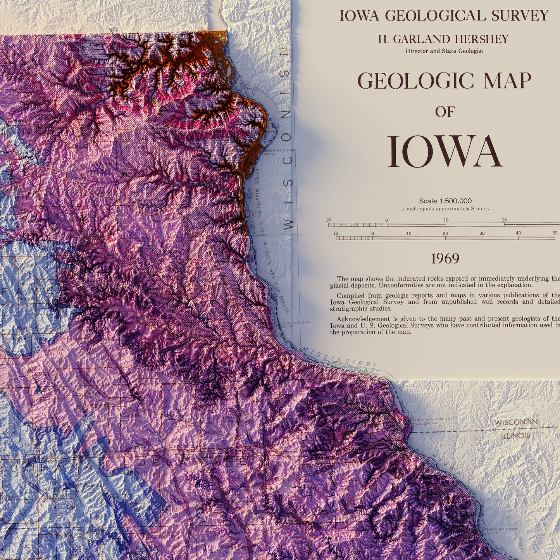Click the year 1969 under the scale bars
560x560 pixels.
445,258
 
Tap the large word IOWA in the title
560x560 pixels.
445,152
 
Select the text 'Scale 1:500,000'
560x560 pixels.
445,201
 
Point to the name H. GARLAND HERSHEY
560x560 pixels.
443,39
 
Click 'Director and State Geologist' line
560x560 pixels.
444,51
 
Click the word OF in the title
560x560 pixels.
444,112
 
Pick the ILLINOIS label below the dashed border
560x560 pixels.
515,436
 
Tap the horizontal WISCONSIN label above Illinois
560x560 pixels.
516,422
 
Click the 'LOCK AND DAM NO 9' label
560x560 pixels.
275,152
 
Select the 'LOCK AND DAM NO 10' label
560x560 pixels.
289,324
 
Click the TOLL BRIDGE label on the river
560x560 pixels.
426,424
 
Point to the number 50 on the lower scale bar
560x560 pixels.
555,233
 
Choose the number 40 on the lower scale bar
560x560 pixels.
518,233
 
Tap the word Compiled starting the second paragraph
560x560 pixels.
350,295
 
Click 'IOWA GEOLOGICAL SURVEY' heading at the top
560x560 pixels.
444,16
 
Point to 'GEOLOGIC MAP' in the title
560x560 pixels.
444,81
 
